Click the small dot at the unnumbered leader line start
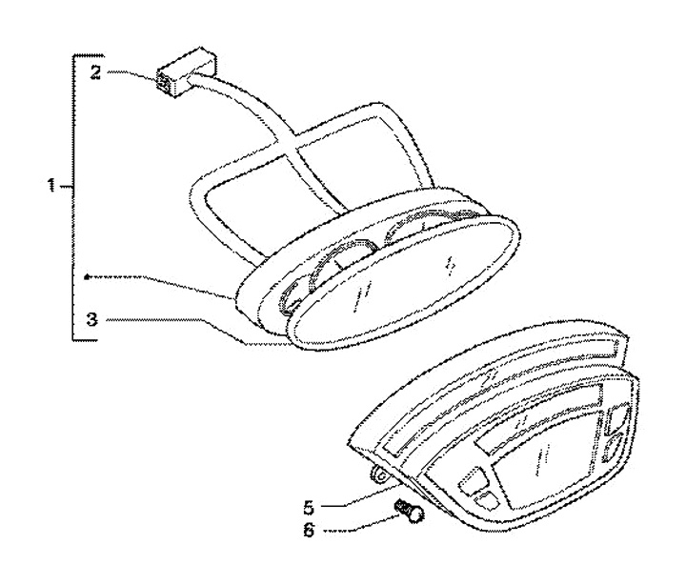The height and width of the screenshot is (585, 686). [x=86, y=276]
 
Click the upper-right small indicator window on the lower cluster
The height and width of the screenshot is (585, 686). [x=615, y=416]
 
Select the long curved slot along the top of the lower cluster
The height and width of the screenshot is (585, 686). [x=495, y=370]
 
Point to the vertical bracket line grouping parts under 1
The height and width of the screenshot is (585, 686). [x=74, y=195]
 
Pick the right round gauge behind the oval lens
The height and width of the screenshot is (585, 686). [x=434, y=229]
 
